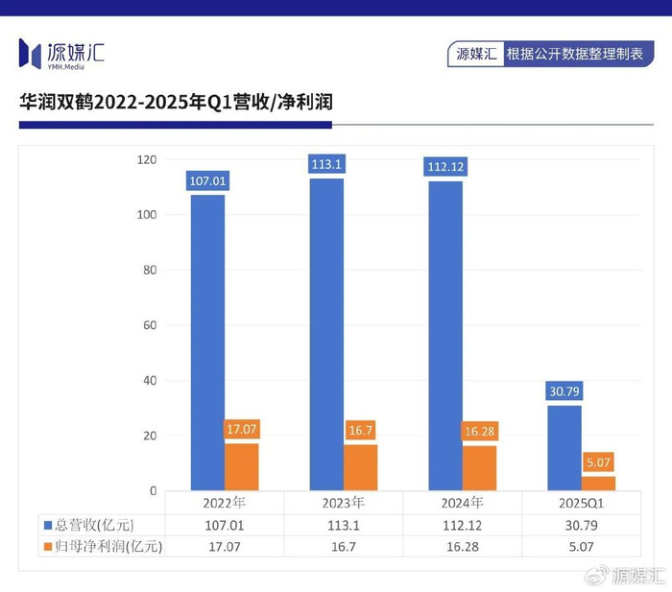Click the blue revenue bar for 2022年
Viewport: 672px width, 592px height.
[x=207, y=343]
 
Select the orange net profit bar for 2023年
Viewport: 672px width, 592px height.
[x=360, y=467]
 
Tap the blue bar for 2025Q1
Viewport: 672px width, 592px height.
[x=564, y=447]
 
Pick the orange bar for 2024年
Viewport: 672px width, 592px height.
[x=479, y=468]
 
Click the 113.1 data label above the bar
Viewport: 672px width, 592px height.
[x=326, y=164]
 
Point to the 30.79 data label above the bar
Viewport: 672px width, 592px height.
[x=564, y=391]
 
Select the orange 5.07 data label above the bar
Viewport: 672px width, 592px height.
[x=597, y=462]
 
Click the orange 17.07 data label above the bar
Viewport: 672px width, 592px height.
[x=241, y=429]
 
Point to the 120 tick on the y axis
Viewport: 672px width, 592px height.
[x=145, y=159]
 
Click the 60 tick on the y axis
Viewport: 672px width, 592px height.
[x=149, y=325]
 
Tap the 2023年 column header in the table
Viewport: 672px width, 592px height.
[x=343, y=503]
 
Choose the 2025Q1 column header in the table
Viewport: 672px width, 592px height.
[x=581, y=503]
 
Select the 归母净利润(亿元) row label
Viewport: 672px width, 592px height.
[x=103, y=547]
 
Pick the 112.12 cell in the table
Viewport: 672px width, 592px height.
[x=462, y=525]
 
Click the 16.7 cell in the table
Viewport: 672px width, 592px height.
[x=343, y=547]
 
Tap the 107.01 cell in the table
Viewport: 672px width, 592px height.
[x=224, y=525]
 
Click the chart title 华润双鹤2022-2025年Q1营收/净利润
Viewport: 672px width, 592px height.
[x=176, y=101]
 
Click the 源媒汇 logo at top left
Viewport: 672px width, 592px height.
[x=61, y=54]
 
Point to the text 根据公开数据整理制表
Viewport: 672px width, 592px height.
[x=574, y=54]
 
